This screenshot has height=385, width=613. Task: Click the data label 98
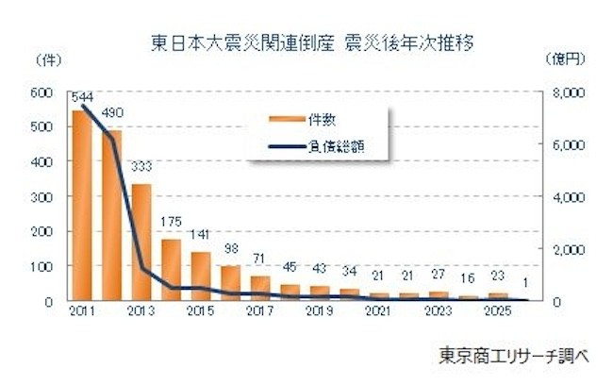pyautogui.click(x=231, y=248)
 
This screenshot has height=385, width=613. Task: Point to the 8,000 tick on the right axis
pyautogui.click(x=572, y=92)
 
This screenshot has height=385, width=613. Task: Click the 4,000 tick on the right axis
pyautogui.click(x=572, y=197)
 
